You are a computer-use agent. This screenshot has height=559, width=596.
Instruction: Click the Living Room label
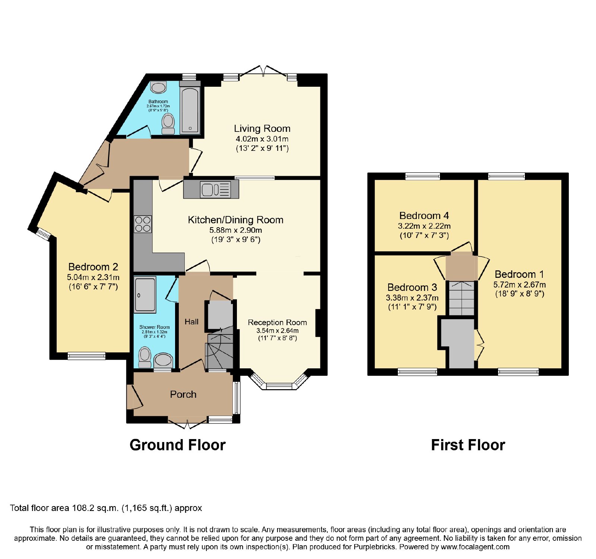(262, 128)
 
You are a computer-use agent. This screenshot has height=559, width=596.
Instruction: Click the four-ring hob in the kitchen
(143, 224)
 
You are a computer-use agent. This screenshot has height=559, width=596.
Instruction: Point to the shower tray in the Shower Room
(145, 294)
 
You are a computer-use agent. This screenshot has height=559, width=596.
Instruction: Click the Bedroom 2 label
(93, 267)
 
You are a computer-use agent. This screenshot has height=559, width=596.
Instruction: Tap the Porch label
(183, 394)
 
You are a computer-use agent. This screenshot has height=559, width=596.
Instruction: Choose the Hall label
(191, 322)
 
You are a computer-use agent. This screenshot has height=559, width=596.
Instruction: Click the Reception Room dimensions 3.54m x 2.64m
(278, 331)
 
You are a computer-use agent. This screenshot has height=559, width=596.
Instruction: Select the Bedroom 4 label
(424, 216)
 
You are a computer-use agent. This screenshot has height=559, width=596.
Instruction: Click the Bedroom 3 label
(412, 288)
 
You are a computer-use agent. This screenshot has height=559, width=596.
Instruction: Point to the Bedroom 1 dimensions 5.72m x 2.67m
(520, 285)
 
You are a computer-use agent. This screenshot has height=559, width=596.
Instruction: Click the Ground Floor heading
(178, 445)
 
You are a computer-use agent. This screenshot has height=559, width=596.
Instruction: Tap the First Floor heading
(468, 445)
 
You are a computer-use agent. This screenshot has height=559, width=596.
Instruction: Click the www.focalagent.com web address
(475, 547)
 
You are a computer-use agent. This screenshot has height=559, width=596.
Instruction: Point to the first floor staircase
(462, 299)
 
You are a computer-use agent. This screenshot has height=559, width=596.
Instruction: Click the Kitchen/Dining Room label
(235, 220)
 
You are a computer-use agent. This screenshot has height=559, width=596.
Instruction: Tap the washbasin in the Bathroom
(159, 88)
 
